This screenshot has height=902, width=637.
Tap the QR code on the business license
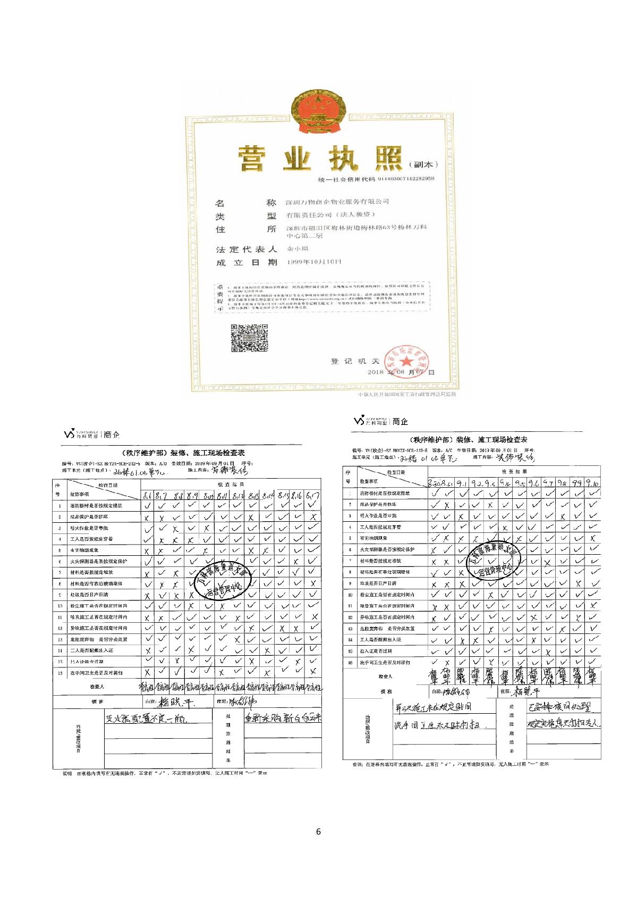[x=249, y=338]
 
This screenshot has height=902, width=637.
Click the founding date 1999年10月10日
[x=313, y=262]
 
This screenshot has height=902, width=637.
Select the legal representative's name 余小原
[x=297, y=249]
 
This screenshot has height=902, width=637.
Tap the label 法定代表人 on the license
[x=246, y=249]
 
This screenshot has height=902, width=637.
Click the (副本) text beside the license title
[x=423, y=165]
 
